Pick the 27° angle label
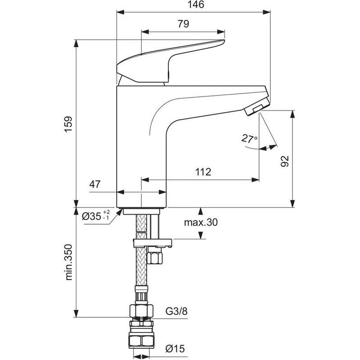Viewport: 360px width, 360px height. (249, 139)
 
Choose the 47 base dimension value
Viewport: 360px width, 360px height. (94, 184)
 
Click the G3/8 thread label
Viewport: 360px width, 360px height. (176, 311)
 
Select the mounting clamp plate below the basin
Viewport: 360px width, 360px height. (153, 244)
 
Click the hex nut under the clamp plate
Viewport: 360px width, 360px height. (155, 258)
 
